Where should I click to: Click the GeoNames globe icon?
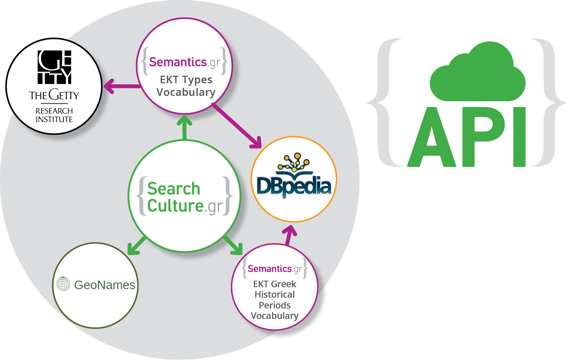63,284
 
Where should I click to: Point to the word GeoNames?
104,285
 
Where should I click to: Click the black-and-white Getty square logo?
54,67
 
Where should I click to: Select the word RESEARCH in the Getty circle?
54,111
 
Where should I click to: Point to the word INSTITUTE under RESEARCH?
54,119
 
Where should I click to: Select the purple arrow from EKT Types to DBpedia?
238,126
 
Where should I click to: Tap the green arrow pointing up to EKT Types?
184,128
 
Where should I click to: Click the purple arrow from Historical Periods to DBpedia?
289,235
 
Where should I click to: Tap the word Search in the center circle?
174,188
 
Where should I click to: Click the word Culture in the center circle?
175,206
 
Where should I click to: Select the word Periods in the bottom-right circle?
274,305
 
